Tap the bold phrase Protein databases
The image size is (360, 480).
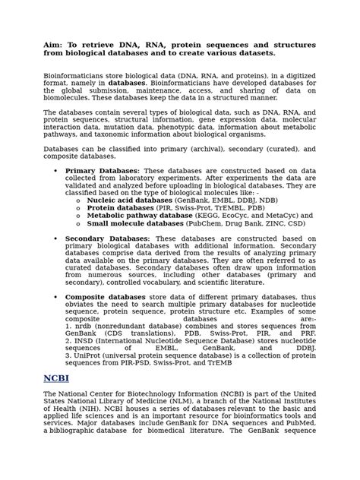coord(120,208)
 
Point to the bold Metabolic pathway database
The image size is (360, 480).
coord(140,216)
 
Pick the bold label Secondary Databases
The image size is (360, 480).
coord(108,238)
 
